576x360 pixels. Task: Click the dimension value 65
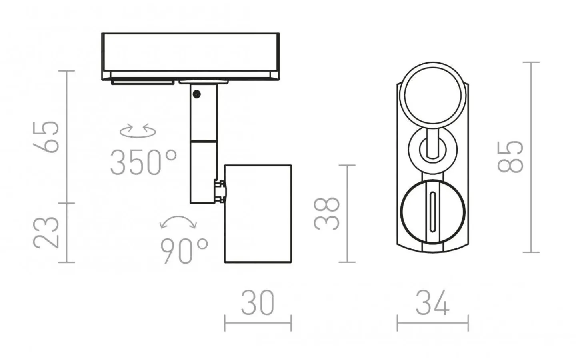(x=46, y=137)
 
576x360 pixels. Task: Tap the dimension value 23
(x=46, y=232)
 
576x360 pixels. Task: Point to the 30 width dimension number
(x=258, y=302)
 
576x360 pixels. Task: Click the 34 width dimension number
(x=432, y=302)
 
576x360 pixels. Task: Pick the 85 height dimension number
(x=510, y=157)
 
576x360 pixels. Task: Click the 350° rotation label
(x=144, y=162)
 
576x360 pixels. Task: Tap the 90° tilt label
(x=184, y=251)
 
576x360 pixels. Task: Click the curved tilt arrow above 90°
(x=178, y=217)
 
